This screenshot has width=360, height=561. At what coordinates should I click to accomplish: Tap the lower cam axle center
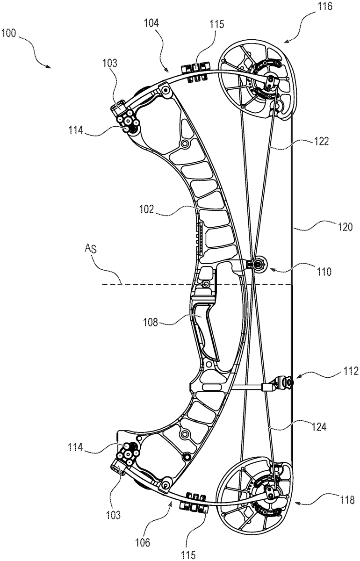click(270, 490)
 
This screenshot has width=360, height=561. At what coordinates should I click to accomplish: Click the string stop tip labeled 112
click(289, 382)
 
